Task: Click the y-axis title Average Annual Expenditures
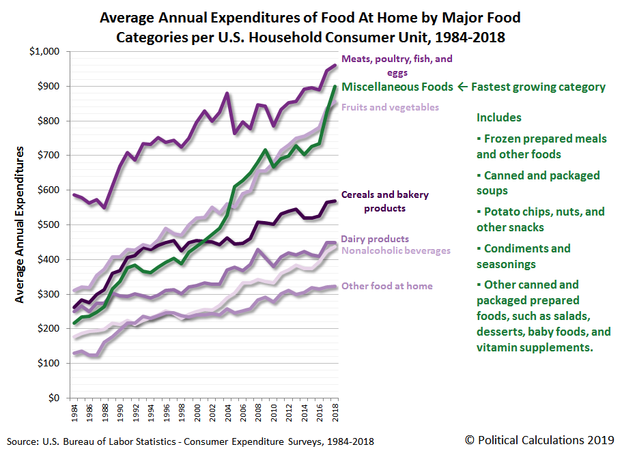click(x=20, y=224)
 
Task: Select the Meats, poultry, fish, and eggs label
click(x=397, y=65)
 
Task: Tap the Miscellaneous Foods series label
click(x=397, y=87)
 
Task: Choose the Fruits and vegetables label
click(x=390, y=106)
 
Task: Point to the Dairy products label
click(x=375, y=239)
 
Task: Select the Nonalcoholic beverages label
click(x=396, y=250)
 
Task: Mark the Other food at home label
click(x=386, y=286)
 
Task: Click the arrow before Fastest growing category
click(x=462, y=87)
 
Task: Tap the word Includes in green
click(x=498, y=117)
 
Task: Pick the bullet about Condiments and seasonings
click(x=523, y=256)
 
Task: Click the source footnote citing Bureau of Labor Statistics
click(x=190, y=441)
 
